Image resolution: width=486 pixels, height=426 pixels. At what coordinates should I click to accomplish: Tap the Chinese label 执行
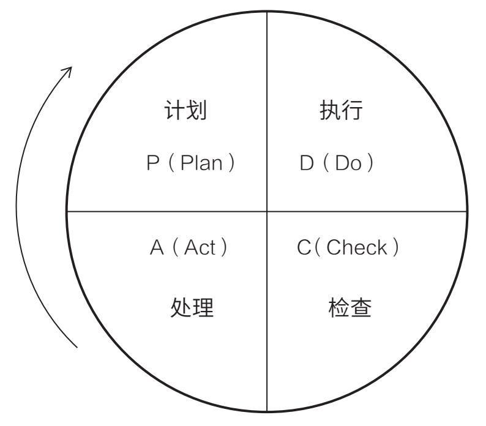[341, 110]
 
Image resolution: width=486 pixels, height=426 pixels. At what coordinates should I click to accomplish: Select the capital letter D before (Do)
[307, 165]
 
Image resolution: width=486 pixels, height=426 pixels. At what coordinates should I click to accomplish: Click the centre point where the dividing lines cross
[267, 212]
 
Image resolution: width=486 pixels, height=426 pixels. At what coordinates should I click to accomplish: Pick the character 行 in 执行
[353, 110]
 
